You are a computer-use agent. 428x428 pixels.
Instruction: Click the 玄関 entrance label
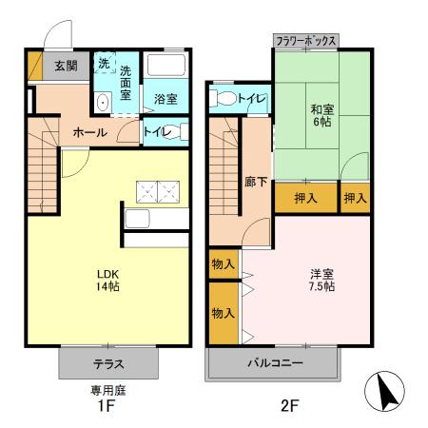[65, 67]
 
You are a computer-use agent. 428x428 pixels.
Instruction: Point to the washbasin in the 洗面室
[104, 102]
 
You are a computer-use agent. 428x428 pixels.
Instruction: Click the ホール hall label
[90, 132]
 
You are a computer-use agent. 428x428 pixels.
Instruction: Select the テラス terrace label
[107, 363]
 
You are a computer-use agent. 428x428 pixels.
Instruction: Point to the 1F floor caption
[106, 407]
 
